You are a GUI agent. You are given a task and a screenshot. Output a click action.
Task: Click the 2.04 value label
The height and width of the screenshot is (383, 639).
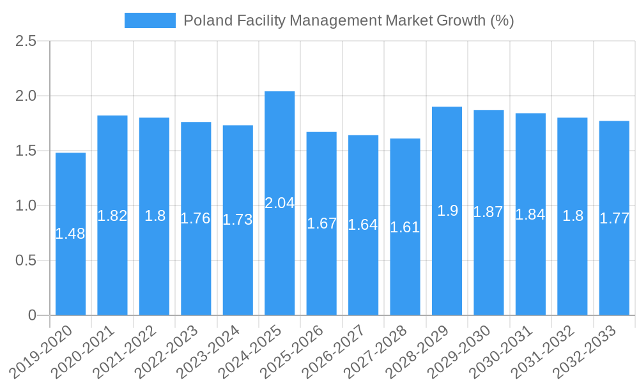[279, 203]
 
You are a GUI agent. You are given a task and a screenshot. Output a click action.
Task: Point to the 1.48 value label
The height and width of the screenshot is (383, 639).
[70, 234]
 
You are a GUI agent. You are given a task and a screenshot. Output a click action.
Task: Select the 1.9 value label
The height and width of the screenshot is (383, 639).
[447, 211]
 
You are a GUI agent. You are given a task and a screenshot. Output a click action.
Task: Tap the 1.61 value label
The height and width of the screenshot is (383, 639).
[405, 227]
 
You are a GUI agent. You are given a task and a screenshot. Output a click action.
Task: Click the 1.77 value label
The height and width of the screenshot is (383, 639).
[614, 218]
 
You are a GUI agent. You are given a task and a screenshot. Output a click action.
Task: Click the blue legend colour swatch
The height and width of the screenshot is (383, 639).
[150, 20]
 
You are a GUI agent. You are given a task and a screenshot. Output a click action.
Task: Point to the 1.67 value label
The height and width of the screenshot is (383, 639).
[321, 223]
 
